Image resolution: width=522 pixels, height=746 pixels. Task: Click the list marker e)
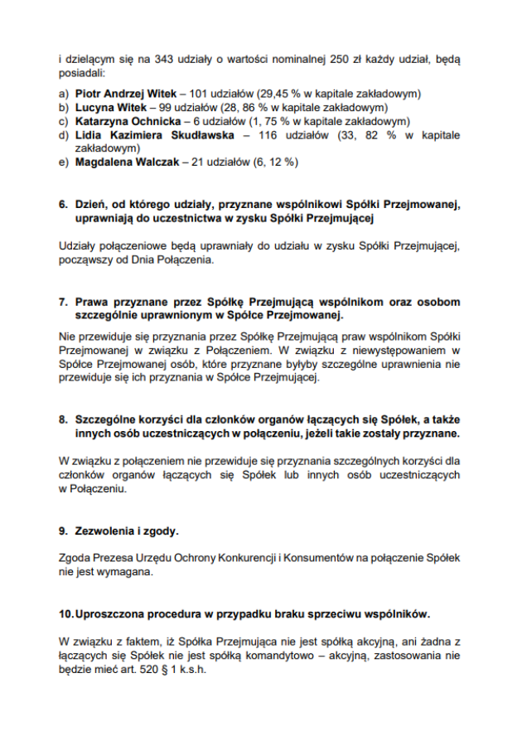pos(64,162)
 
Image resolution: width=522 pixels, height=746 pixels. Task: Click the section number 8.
pos(63,419)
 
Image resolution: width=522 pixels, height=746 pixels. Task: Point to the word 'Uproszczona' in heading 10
pos(111,613)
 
